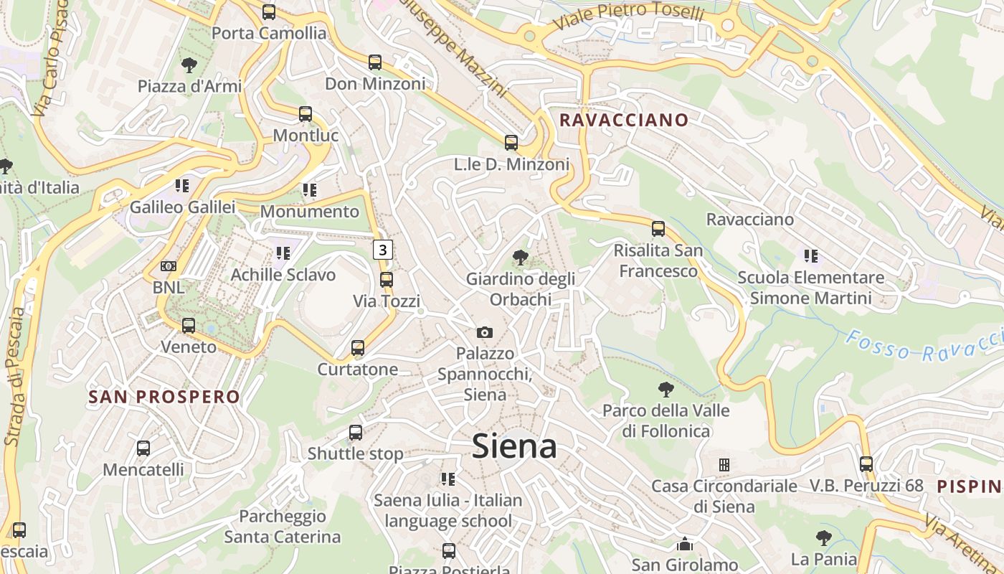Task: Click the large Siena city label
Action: click(514, 446)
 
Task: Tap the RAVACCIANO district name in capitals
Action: click(623, 120)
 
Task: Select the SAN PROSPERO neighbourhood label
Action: click(164, 397)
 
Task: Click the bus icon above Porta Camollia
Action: click(269, 12)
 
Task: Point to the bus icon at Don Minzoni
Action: click(375, 62)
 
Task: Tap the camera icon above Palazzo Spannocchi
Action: click(485, 332)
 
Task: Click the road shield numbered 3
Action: click(383, 250)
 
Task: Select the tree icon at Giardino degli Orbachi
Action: click(521, 257)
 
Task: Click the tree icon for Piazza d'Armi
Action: click(189, 65)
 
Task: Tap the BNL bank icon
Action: click(169, 266)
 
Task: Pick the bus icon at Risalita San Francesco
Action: click(658, 229)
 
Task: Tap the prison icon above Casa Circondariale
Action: click(724, 465)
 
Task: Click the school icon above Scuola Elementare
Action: click(811, 255)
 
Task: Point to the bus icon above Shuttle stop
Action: click(356, 433)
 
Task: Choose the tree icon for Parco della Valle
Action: click(666, 390)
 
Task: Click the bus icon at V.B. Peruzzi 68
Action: click(866, 464)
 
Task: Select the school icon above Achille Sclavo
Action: click(283, 253)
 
